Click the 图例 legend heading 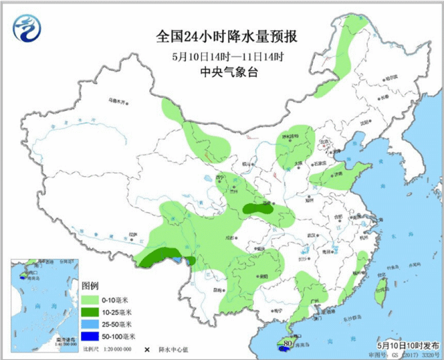point(91,286)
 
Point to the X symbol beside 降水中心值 point(146,351)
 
